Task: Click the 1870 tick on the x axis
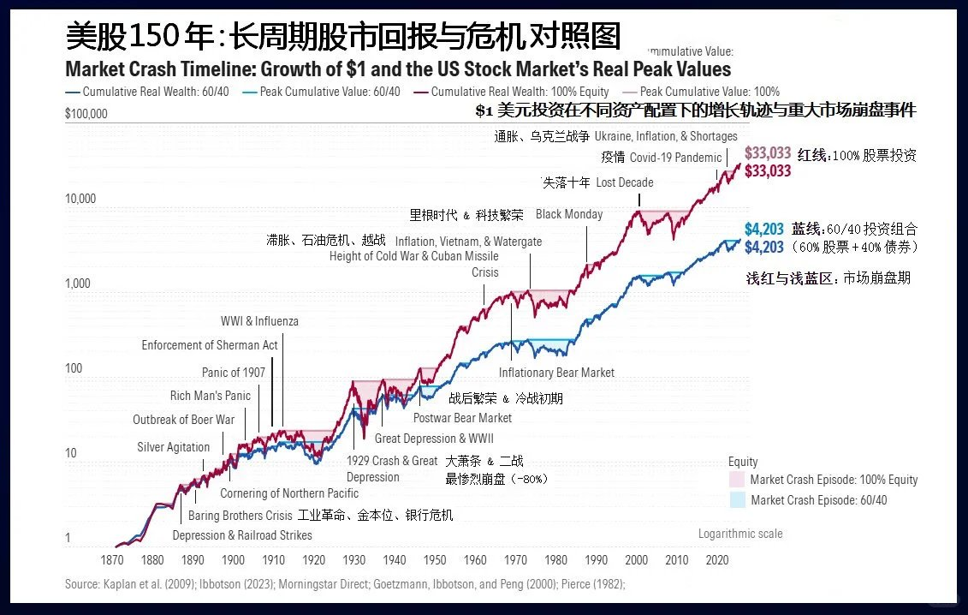coord(112,560)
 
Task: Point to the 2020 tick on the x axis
coord(716,560)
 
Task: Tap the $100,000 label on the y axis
coord(86,113)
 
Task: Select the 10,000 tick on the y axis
coord(81,199)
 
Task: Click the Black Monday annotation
coord(569,214)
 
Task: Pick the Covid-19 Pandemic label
coord(675,158)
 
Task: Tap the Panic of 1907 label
coord(234,372)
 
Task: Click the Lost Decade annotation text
coord(624,182)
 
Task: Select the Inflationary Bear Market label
coord(556,373)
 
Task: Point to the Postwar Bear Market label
coord(462,418)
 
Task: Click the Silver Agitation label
coord(173,447)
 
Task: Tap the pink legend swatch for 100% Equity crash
coord(736,480)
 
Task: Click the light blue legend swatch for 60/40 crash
coord(736,500)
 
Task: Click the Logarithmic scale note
coord(740,534)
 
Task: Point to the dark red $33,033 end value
coord(768,171)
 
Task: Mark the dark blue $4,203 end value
coord(763,248)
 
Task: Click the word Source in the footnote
coord(81,584)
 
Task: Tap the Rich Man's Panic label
coord(211,396)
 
